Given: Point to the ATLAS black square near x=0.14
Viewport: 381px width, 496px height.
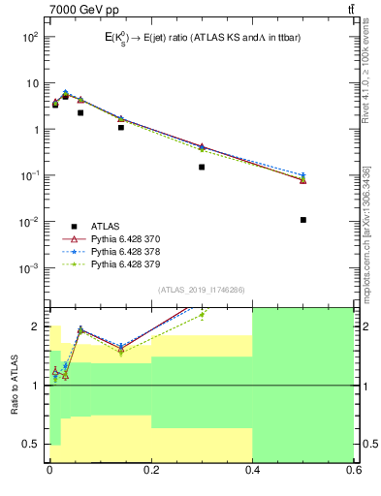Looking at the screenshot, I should click(x=121, y=127).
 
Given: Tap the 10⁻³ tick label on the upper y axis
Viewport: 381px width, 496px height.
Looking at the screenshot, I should click(x=30, y=268).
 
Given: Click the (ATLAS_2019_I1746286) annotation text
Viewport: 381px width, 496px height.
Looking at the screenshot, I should click(x=201, y=290).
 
